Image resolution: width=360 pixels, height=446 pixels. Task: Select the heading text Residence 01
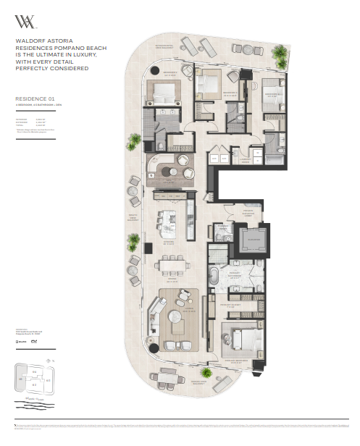click(x=34, y=97)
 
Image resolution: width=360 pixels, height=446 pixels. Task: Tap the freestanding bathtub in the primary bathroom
click(x=217, y=277)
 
